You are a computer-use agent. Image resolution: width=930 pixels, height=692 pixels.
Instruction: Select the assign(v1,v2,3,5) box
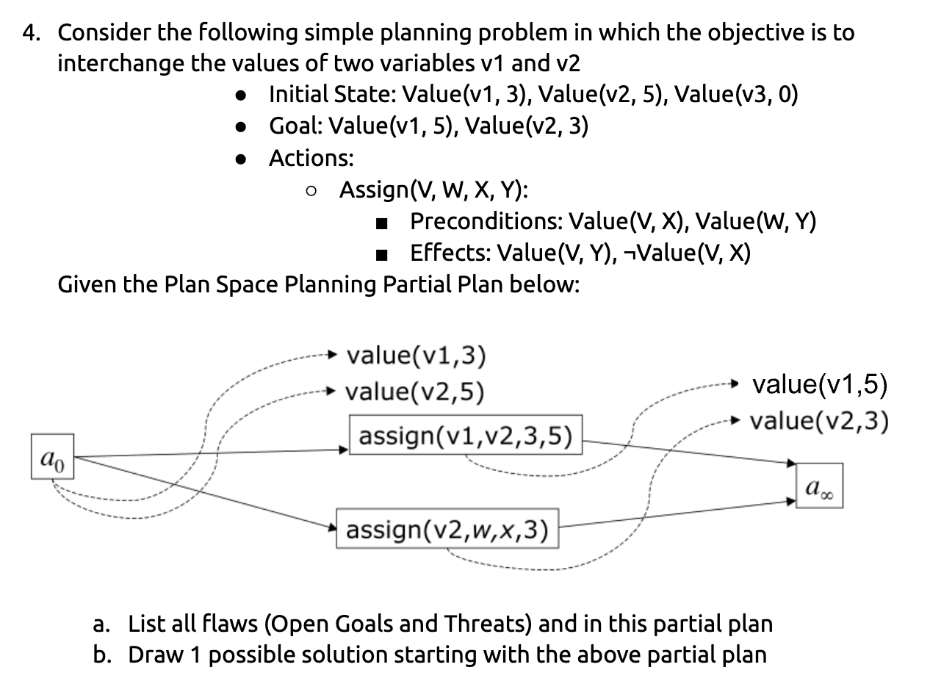coord(465,435)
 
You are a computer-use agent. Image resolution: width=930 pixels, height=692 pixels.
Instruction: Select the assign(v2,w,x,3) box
coord(447,528)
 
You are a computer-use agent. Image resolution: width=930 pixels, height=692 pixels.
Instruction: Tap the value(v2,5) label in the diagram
coord(415,392)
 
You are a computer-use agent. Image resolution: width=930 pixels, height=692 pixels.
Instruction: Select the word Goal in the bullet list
coord(295,126)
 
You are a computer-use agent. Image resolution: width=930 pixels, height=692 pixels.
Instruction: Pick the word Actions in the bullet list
coord(311,158)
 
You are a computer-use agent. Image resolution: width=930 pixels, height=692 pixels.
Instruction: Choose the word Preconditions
coord(486,221)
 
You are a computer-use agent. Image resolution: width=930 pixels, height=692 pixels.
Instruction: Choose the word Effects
coord(449,253)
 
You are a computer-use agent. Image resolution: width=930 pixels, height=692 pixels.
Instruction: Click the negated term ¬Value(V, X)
coord(686,253)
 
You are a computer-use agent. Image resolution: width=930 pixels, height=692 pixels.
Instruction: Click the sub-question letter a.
coord(101,624)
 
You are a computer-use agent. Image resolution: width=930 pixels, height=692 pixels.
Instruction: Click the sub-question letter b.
coord(101,655)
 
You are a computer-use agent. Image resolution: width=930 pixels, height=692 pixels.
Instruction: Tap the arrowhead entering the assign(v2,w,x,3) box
coord(333,526)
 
